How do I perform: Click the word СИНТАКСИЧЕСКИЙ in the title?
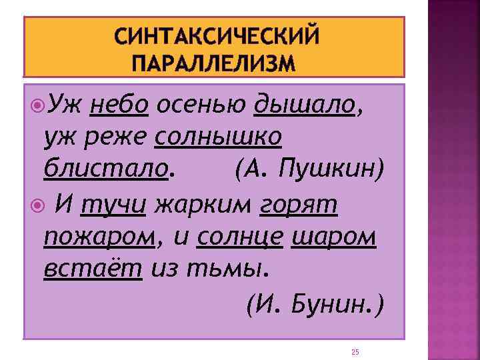pos(217,36)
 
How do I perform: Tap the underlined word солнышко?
pos(218,137)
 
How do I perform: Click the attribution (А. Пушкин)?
pos(309,169)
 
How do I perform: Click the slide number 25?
pos(355,351)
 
